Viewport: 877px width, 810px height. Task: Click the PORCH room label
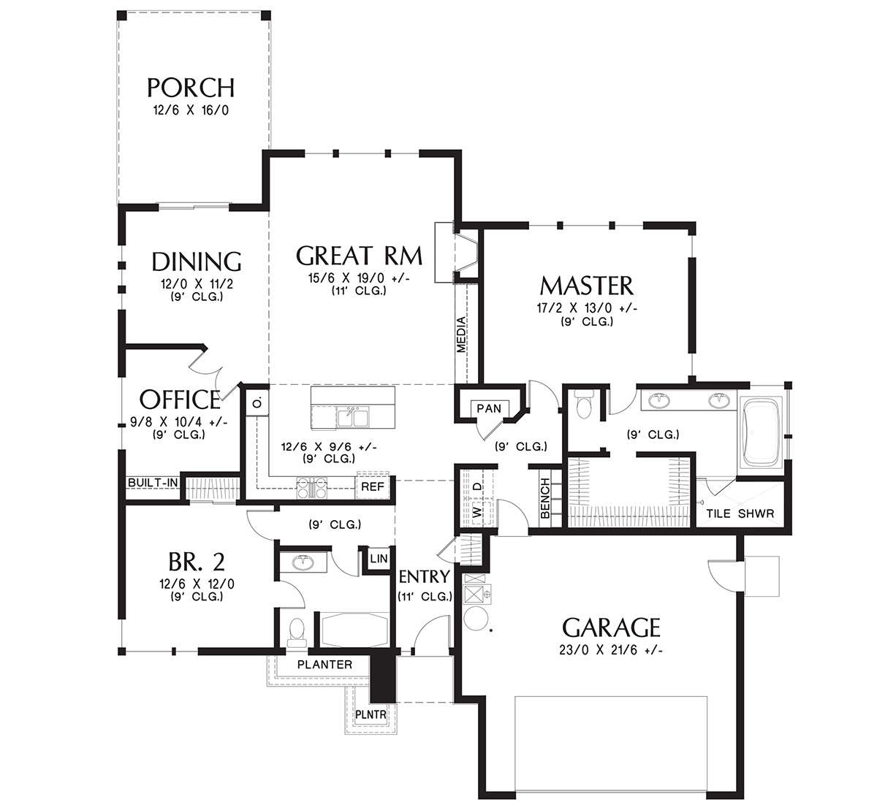[190, 88]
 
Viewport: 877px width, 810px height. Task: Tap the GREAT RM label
[359, 256]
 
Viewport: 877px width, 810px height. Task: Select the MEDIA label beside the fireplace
[461, 335]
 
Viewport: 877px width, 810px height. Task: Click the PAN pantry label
[489, 408]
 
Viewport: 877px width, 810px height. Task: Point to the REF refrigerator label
[372, 487]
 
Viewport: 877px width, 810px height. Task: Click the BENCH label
[544, 498]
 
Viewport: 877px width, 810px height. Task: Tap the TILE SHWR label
[740, 513]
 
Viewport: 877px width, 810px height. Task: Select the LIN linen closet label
[379, 559]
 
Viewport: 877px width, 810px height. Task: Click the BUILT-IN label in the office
[152, 483]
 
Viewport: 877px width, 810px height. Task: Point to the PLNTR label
[371, 714]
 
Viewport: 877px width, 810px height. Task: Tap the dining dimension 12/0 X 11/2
[197, 284]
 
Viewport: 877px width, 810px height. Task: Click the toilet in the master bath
[583, 405]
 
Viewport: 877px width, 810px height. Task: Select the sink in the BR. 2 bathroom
[303, 562]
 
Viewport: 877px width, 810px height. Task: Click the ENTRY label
[424, 577]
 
